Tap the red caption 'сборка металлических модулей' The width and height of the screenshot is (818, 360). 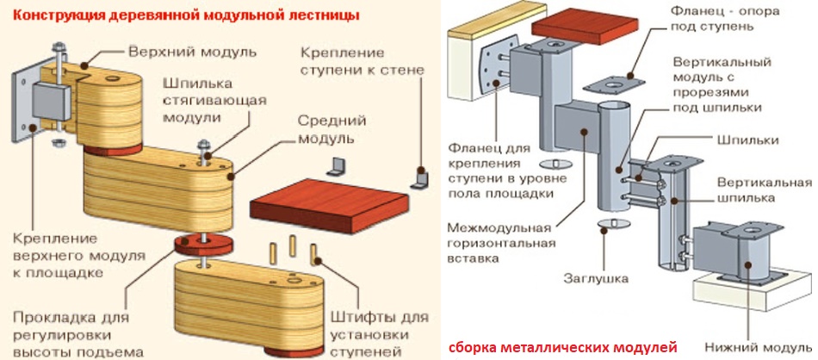point(563,346)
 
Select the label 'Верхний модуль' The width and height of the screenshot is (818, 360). point(192,51)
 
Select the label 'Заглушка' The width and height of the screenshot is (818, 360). point(596,279)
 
